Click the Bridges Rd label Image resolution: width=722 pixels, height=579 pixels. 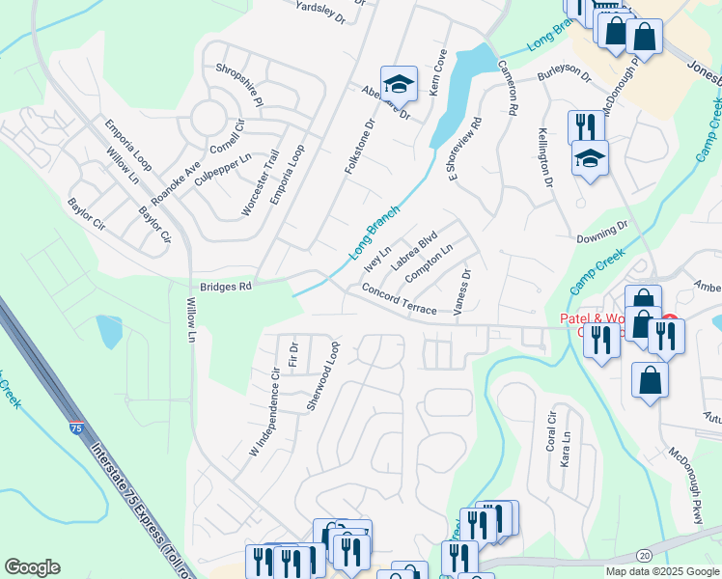tap(225, 287)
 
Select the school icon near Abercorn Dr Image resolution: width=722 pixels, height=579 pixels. tap(398, 85)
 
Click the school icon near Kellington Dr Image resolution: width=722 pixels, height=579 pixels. tap(590, 159)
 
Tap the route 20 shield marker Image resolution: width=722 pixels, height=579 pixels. tap(645, 555)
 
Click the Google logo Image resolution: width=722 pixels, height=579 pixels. tap(32, 567)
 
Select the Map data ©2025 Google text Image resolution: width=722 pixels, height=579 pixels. tap(662, 571)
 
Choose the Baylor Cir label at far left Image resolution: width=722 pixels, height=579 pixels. tap(85, 215)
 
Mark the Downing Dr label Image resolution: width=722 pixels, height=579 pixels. tap(601, 233)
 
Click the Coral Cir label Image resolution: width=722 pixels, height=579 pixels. tap(552, 431)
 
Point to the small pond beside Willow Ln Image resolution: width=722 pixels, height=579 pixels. tap(109, 330)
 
